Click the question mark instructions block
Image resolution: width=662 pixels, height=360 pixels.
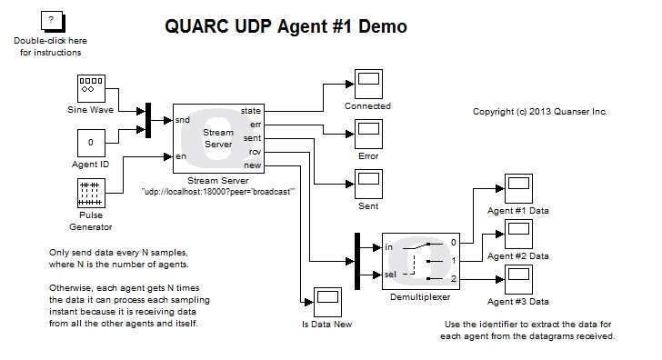[x=50, y=21]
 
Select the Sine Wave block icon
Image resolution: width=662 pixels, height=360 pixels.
[x=89, y=88]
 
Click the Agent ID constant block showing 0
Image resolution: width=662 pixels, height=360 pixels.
[x=90, y=143]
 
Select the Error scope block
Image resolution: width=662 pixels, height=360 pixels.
[x=367, y=134]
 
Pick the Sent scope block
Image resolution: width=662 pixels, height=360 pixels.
[x=367, y=184]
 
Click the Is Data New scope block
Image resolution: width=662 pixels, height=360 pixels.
[x=326, y=301]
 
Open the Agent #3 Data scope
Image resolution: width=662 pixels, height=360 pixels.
[x=518, y=279]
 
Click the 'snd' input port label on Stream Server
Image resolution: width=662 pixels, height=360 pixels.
[x=182, y=119]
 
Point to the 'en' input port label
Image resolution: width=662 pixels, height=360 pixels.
[x=181, y=157]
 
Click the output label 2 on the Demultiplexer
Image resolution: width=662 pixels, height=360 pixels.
[x=454, y=278]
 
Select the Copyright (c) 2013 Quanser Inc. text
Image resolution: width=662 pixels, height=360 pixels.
[x=539, y=112]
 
